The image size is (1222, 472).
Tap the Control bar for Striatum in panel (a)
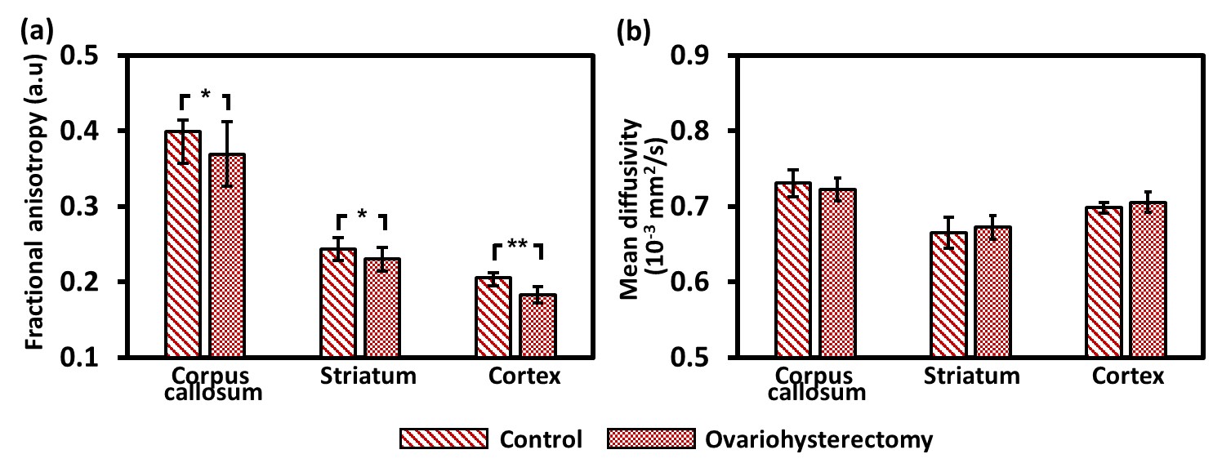338,302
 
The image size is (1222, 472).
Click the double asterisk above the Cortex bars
516,244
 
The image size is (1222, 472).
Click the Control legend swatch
443,440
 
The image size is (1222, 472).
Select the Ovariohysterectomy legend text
817,440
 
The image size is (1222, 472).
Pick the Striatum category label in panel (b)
972,376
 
